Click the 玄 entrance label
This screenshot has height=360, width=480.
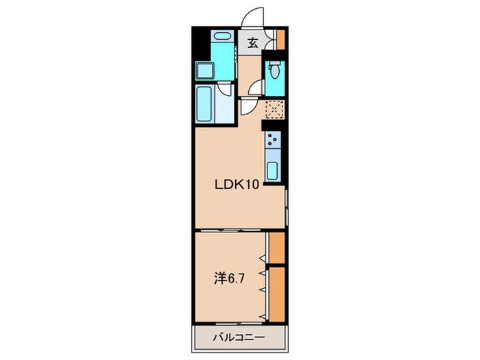click(252, 43)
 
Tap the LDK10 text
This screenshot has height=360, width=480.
click(237, 184)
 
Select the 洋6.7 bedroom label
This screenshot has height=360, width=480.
click(228, 279)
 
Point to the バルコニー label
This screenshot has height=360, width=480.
click(239, 337)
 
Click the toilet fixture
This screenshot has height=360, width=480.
click(274, 70)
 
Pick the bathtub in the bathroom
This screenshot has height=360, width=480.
click(204, 104)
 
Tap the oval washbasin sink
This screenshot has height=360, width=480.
click(222, 36)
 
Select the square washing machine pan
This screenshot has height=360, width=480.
click(205, 70)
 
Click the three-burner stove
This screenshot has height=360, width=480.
click(273, 140)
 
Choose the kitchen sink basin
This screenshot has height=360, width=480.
click(272, 171)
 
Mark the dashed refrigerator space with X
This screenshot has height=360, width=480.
click(274, 109)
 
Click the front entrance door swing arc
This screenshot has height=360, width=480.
click(252, 17)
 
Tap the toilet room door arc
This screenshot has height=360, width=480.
click(256, 88)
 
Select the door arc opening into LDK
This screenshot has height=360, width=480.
click(248, 107)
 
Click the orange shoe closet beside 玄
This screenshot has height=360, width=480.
click(280, 39)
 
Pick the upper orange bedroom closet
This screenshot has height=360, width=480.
click(277, 248)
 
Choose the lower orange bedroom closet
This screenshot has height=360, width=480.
click(277, 294)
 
